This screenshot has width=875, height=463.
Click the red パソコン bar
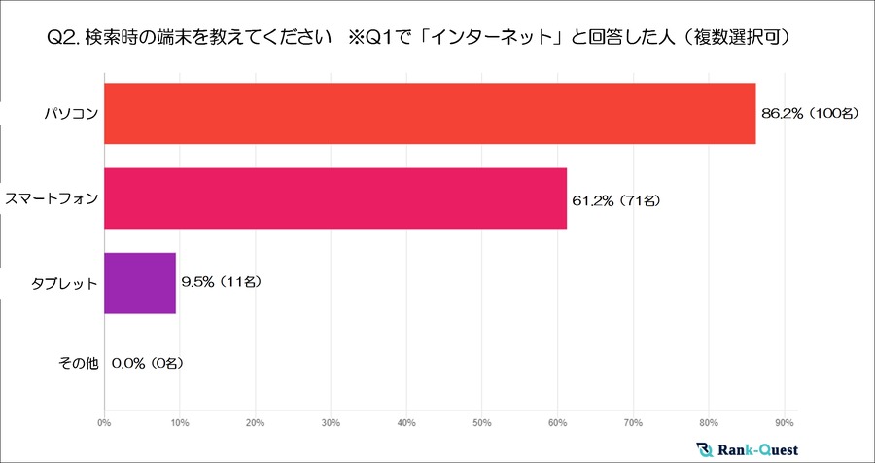429,114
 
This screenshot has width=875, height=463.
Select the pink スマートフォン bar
334,199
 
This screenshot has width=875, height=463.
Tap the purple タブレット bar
139,283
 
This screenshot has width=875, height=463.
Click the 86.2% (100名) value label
810,114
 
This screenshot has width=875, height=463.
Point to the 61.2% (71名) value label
616,200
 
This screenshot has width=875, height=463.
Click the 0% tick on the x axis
104,423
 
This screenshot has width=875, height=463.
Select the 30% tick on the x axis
331,423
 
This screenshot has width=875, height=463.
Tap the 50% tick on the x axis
482,423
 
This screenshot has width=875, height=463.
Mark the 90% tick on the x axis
785,423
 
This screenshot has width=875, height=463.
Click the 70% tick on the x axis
633,423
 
